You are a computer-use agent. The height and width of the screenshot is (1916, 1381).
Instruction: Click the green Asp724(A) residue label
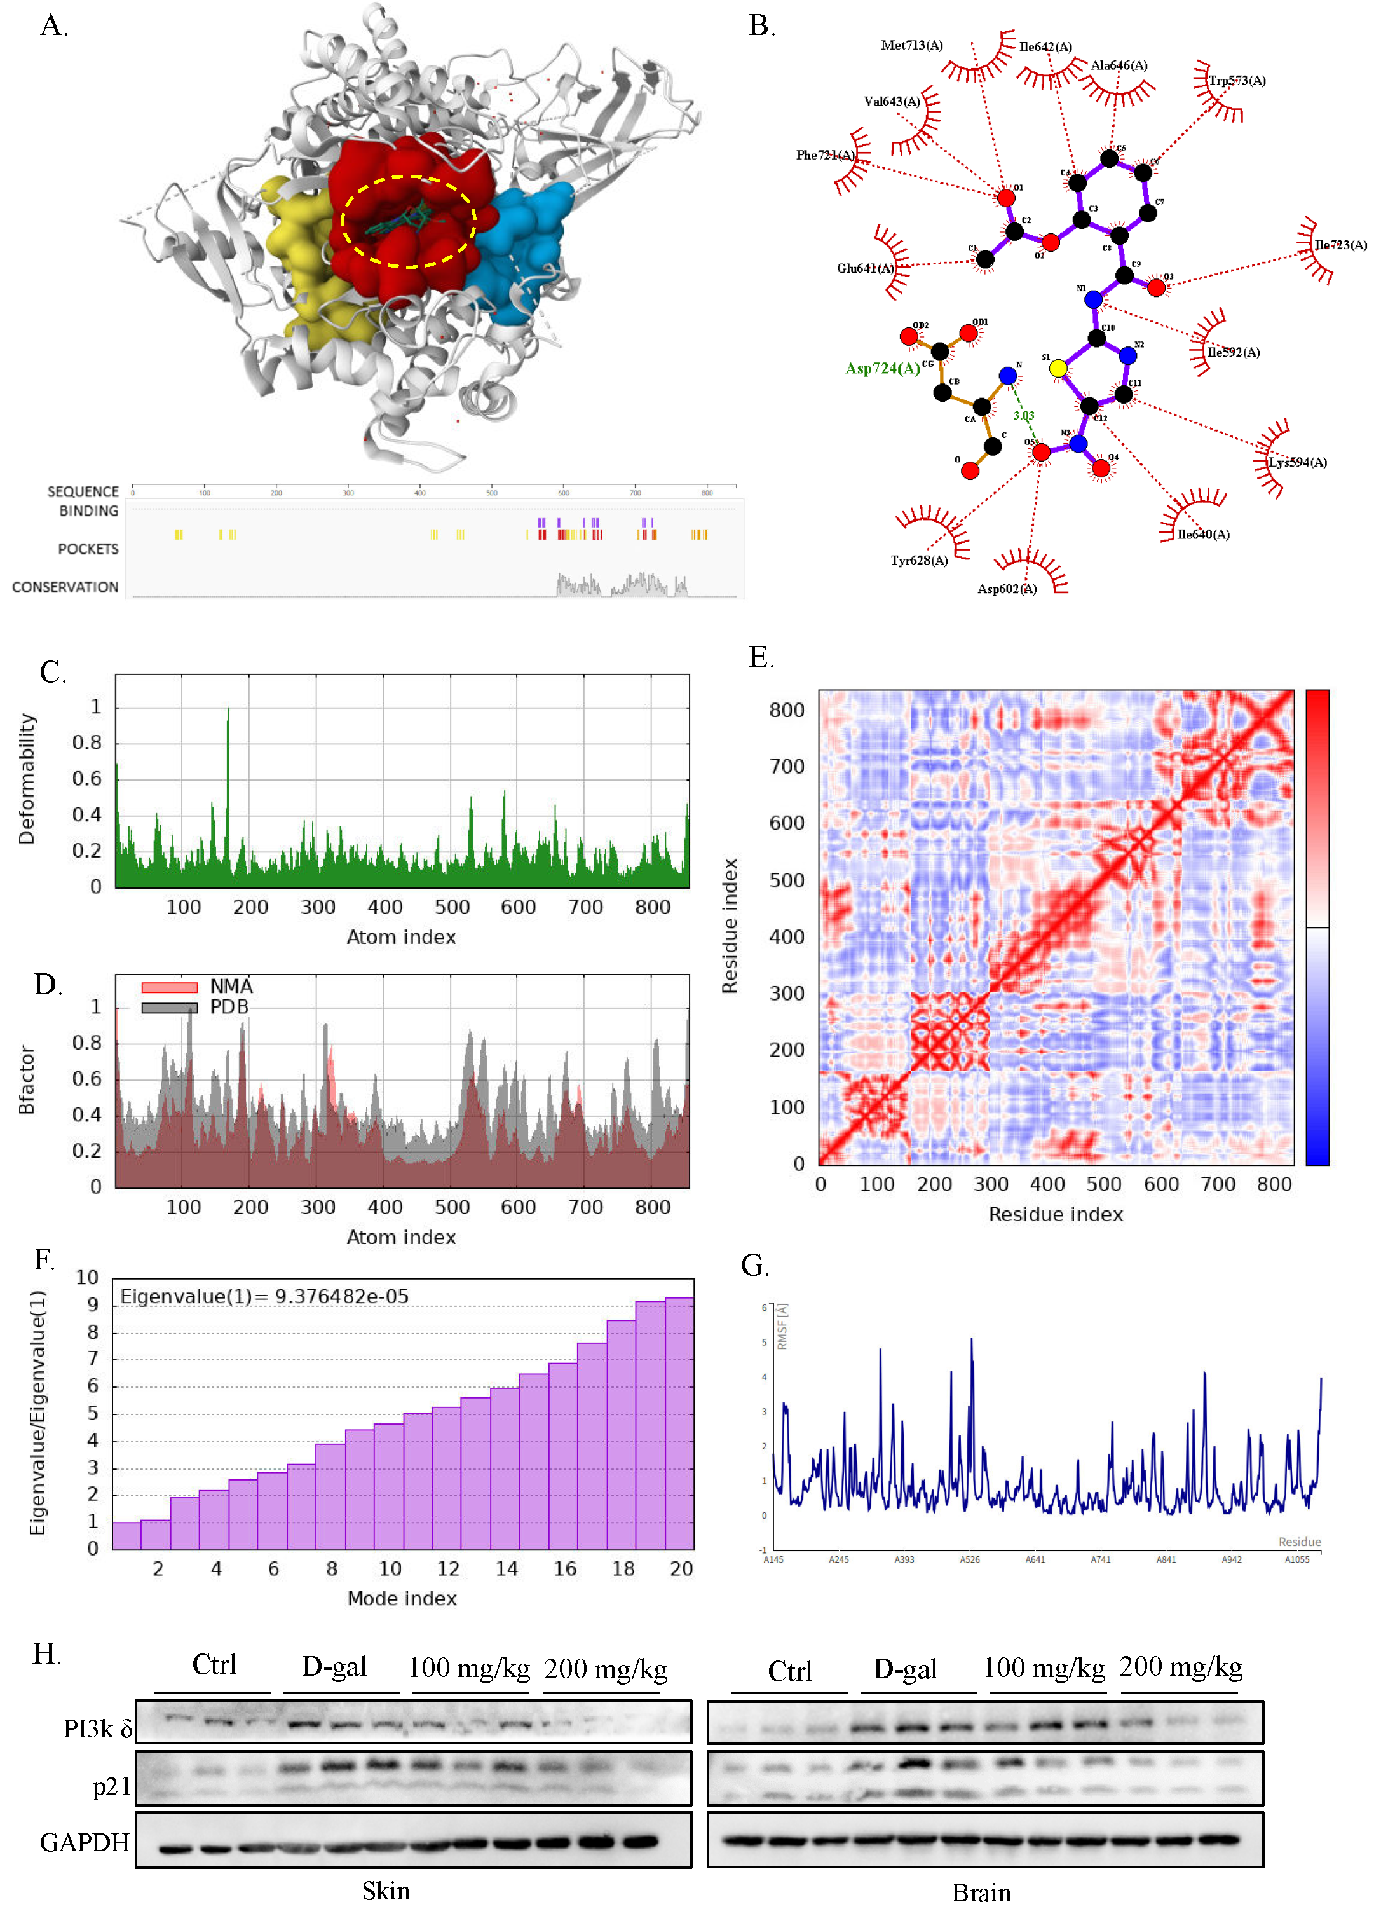click(x=882, y=368)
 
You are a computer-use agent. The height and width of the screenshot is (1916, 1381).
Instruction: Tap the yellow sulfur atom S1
click(x=1057, y=368)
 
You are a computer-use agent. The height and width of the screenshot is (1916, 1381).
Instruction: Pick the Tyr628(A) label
click(x=919, y=560)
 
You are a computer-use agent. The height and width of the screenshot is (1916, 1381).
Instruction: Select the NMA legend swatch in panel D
click(x=169, y=987)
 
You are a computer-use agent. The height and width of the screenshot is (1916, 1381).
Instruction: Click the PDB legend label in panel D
click(x=229, y=1007)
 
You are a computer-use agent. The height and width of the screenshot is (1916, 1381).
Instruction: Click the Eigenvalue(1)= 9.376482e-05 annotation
click(x=264, y=1297)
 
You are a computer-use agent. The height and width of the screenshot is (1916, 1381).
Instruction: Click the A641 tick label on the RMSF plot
click(x=1035, y=1559)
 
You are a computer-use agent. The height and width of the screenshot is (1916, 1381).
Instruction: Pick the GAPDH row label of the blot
click(x=85, y=1842)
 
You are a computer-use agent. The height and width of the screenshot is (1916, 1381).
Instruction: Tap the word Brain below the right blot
click(x=981, y=1893)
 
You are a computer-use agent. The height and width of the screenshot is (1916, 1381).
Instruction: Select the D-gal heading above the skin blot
click(x=334, y=1667)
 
